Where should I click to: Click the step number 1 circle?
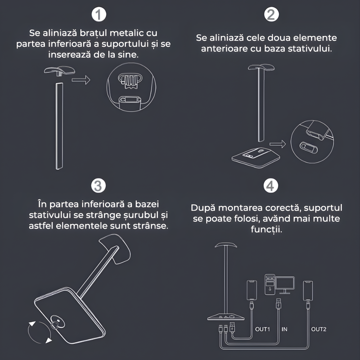point(99,14)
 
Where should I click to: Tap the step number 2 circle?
point(271,14)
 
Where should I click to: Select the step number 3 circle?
point(98,185)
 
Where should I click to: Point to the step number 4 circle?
point(270,185)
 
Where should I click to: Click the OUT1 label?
point(262,329)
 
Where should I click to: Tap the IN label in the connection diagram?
point(284,329)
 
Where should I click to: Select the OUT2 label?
point(319,329)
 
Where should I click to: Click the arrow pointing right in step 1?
point(81,80)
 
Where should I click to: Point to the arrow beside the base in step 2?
point(278,144)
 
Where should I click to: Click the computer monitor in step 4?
point(285,285)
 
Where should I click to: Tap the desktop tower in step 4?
point(270,284)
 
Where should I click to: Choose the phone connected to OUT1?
point(252,290)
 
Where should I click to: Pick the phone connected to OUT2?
point(308,291)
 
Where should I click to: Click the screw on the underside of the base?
point(57,322)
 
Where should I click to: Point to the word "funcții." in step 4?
point(266,229)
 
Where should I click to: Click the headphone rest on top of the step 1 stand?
point(60,70)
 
